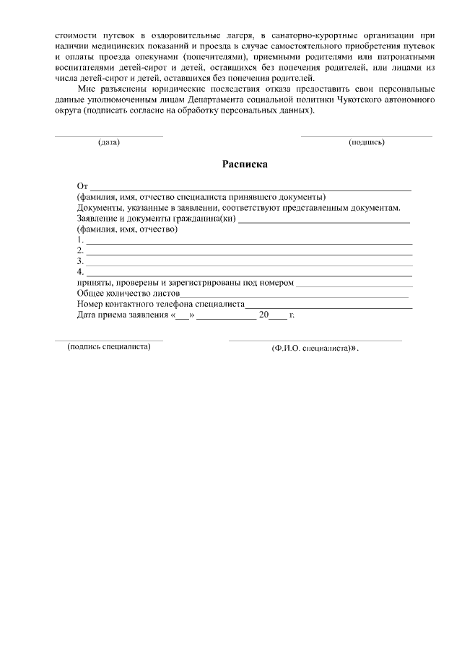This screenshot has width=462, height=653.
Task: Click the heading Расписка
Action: pos(245,165)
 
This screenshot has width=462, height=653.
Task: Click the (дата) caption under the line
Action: pos(108,142)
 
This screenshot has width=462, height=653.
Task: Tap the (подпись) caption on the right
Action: pos(366,142)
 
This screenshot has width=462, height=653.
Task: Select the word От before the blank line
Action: pos(82,187)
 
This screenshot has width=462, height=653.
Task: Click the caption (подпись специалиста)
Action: pos(109,347)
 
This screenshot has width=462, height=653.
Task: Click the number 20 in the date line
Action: pos(263,315)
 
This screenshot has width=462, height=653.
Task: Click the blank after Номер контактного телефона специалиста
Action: pos(328,305)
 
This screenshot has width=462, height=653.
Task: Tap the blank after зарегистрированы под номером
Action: pos(353,284)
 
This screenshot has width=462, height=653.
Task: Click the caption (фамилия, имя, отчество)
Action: pos(127,229)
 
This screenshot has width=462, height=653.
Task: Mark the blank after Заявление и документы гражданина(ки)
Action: pos(324,219)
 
